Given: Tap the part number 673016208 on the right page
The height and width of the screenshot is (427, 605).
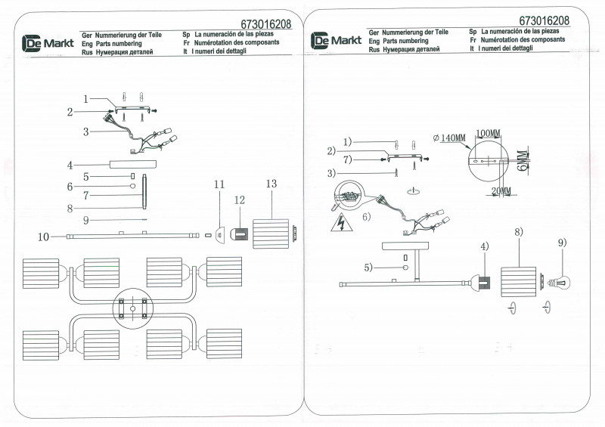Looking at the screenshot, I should (x=544, y=20).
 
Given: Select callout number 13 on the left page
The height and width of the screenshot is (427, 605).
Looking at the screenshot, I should (x=271, y=184).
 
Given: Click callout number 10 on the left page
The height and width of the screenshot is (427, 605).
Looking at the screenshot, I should (x=43, y=237).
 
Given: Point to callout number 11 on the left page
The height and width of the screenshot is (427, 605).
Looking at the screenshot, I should (x=219, y=184).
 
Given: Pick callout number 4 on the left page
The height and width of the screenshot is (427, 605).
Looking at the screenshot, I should (x=70, y=165).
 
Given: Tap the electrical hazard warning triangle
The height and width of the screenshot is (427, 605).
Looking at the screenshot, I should (x=341, y=224).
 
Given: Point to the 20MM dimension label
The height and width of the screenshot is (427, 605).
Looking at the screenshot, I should (x=501, y=191).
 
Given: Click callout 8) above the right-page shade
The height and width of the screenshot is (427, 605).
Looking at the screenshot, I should (x=519, y=233).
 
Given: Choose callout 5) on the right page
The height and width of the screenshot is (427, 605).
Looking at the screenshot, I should (x=368, y=267).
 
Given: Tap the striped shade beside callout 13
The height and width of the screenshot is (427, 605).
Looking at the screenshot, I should (x=271, y=231).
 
